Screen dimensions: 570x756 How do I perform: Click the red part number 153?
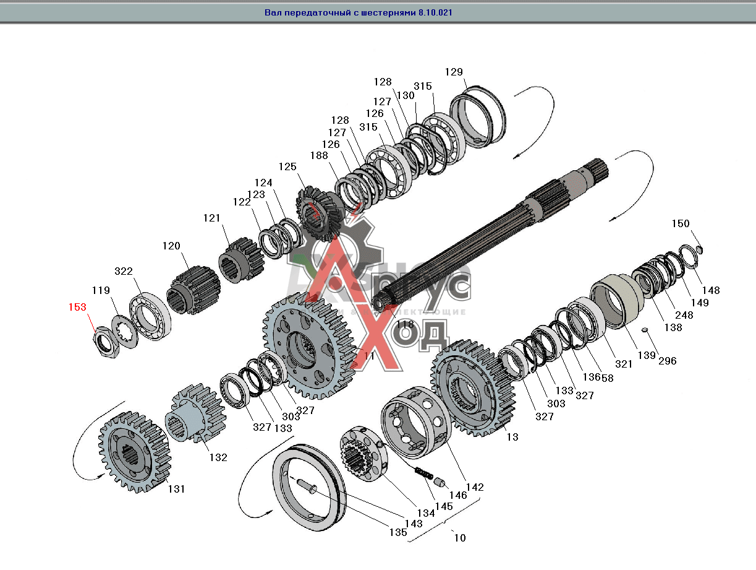[x=77, y=307]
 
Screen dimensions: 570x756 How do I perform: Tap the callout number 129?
[x=454, y=72]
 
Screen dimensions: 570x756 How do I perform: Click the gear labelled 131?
[x=134, y=452]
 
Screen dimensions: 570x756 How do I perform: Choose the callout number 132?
[x=218, y=458]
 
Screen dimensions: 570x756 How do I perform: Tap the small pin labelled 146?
[x=440, y=482]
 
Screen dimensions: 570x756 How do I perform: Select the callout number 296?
[x=668, y=360]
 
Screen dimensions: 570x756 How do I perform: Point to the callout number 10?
[x=460, y=538]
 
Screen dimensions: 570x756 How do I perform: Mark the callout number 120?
[x=171, y=246]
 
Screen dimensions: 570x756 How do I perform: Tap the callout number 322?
[x=124, y=272]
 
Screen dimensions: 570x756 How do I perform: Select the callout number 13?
[x=512, y=437]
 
